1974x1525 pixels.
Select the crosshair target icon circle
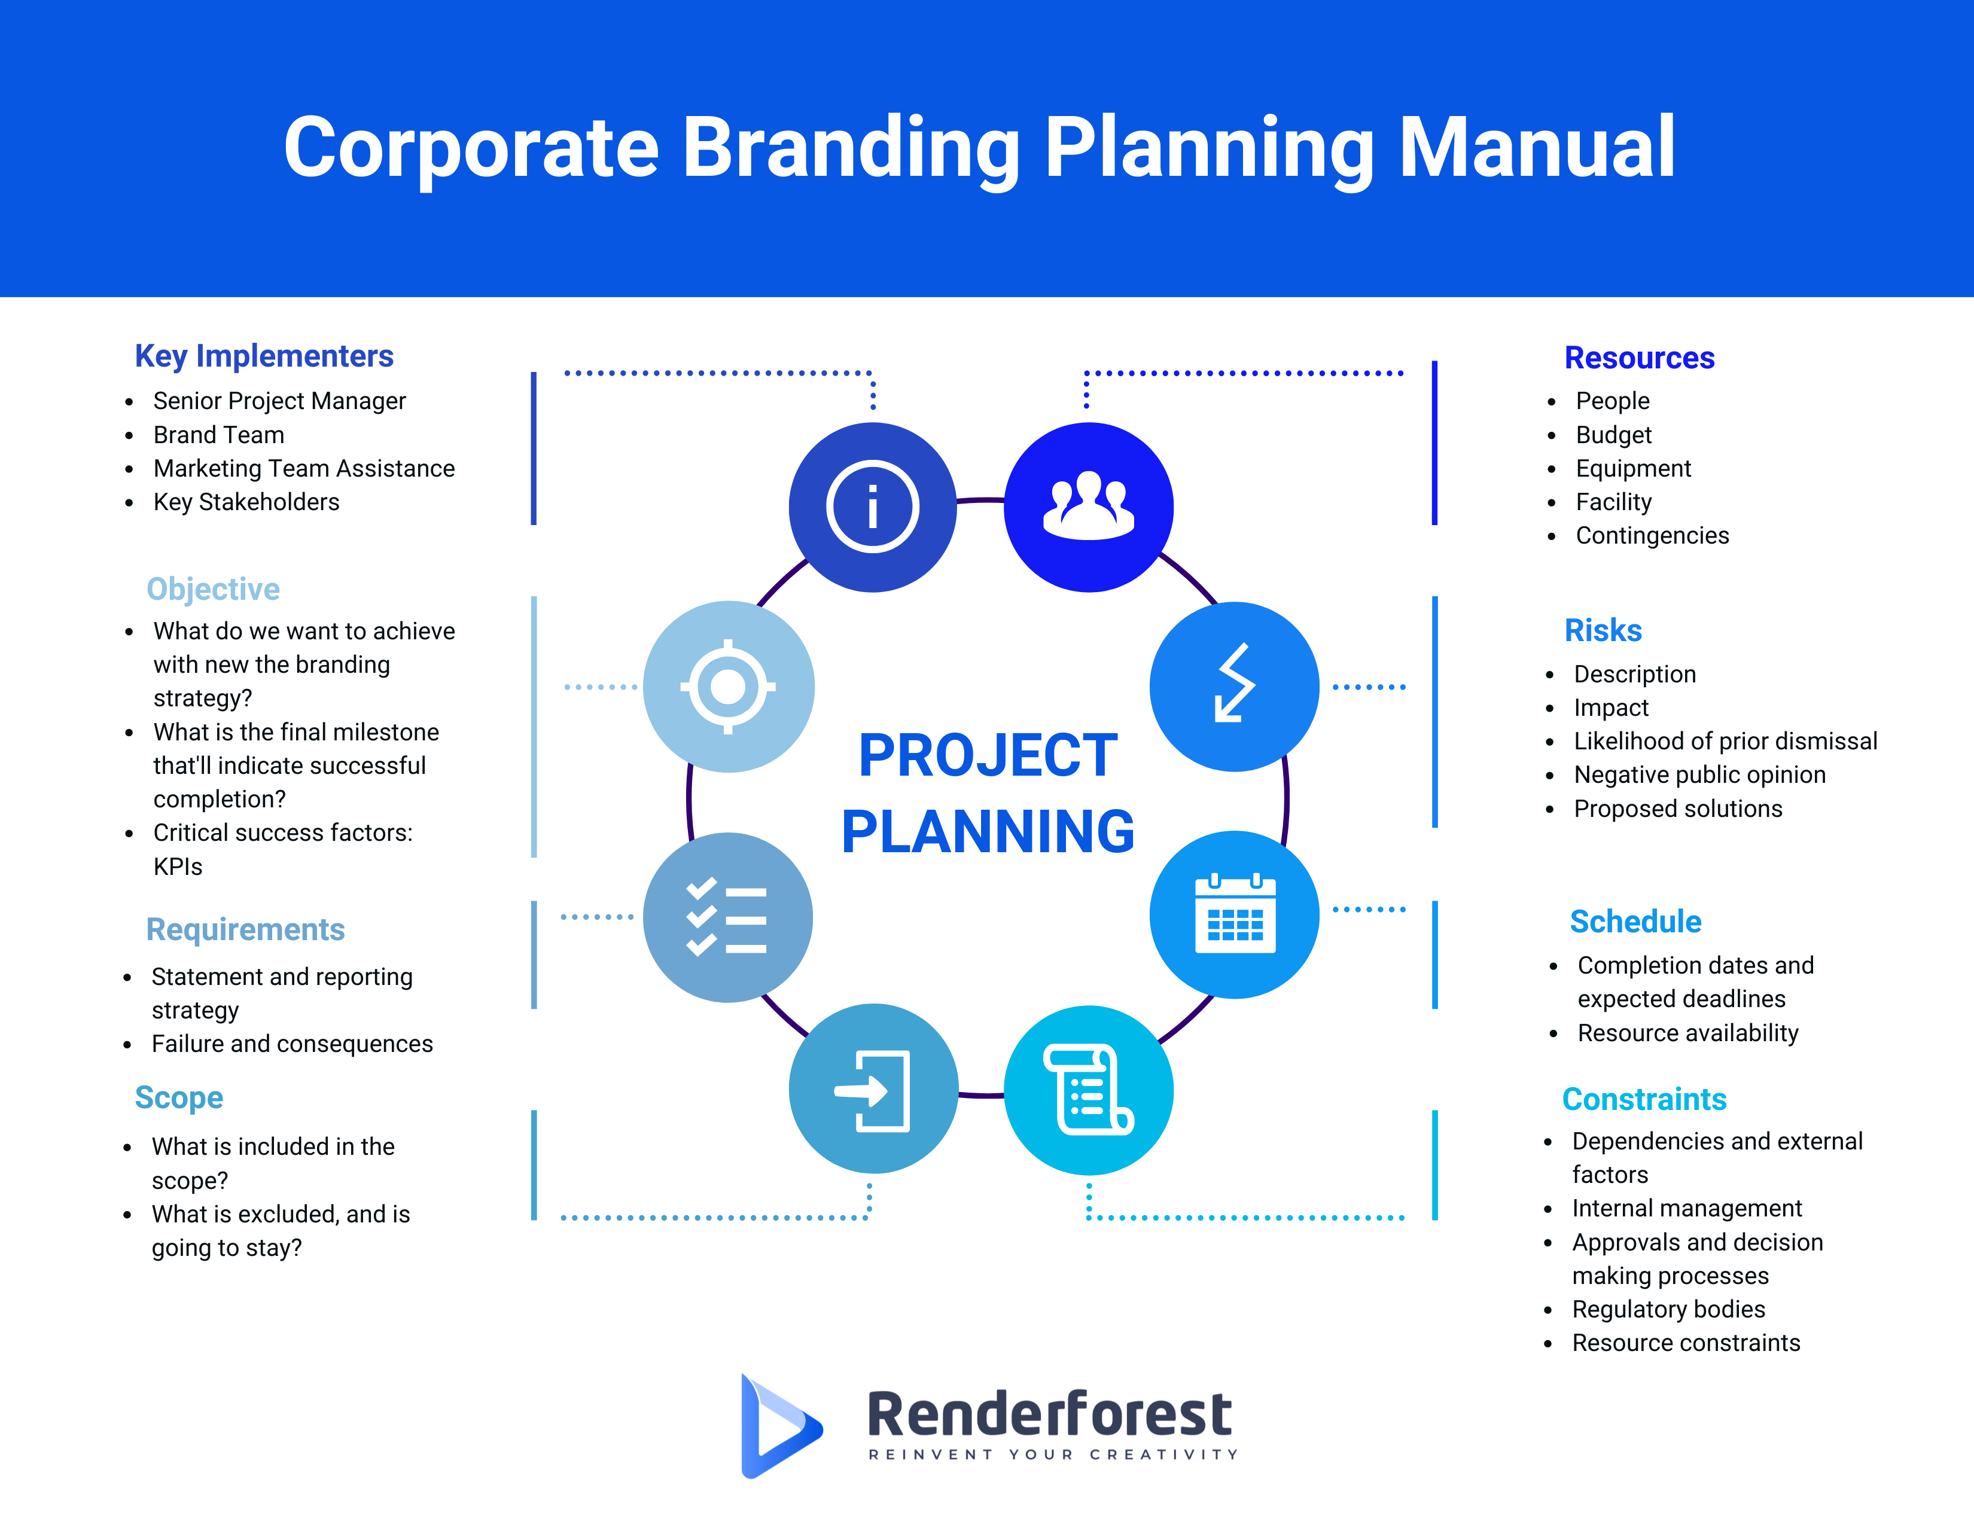click(x=729, y=687)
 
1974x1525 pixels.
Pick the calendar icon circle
click(x=1235, y=914)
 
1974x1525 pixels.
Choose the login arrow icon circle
click(x=873, y=1088)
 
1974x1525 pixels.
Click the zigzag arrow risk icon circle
click(x=1235, y=687)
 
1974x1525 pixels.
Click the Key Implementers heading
click(x=264, y=356)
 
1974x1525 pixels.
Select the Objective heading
click(x=214, y=589)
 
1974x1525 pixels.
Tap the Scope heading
click(x=179, y=1097)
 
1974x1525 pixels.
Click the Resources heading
click(x=1640, y=358)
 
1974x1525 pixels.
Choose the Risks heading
click(x=1603, y=630)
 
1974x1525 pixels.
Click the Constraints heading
click(x=1644, y=1099)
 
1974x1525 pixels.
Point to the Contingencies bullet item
click(x=1652, y=536)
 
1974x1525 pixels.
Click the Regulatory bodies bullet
click(x=1668, y=1309)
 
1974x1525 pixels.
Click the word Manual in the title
click(x=1537, y=147)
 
